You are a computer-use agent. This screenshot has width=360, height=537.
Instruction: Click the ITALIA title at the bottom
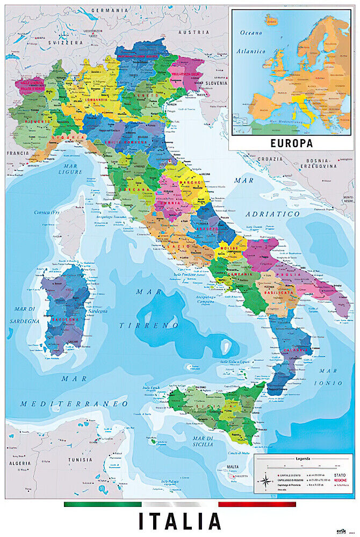[180, 521]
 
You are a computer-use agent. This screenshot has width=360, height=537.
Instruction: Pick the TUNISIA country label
[79, 460]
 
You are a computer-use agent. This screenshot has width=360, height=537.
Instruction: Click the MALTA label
[233, 467]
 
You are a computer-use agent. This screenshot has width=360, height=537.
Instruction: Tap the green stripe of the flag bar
[102, 504]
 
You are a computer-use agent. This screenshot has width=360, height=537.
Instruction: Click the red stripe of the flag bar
[257, 504]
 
